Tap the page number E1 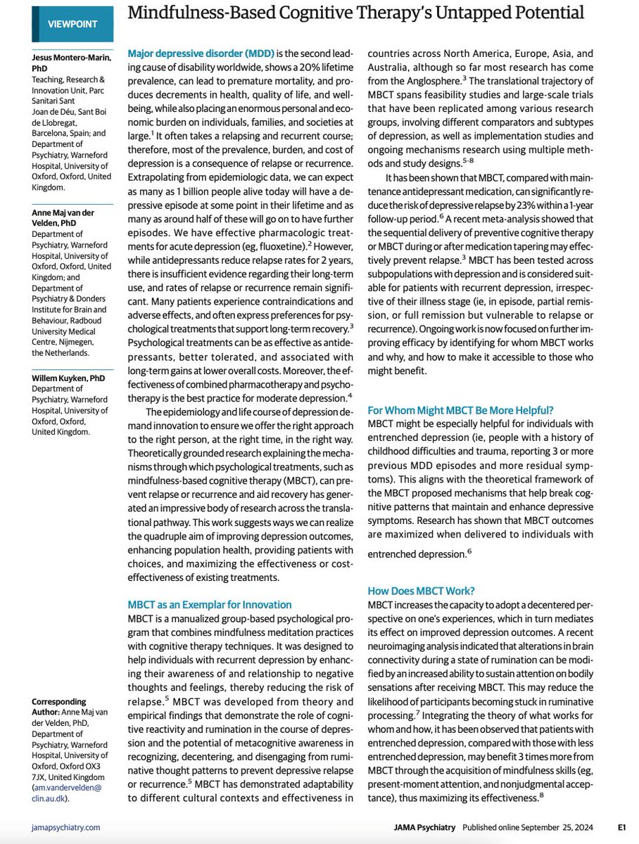(622, 828)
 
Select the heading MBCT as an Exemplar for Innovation (210, 604)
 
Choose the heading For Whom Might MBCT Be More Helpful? (460, 410)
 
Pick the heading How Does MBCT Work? (419, 590)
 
